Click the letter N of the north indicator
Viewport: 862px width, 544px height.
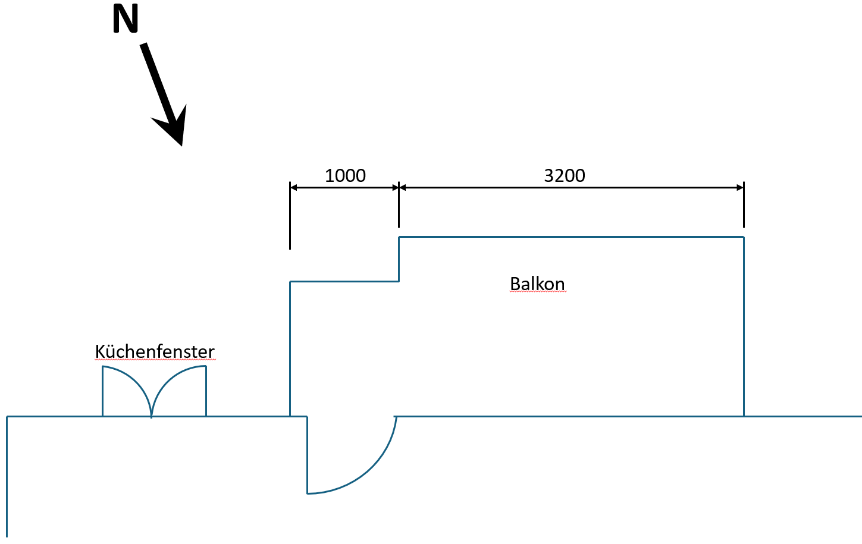[x=126, y=19]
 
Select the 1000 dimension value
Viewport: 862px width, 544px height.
[x=345, y=176]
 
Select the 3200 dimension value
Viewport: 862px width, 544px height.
[x=565, y=176]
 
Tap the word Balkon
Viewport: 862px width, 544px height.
[x=537, y=284]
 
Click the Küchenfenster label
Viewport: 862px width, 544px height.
[x=155, y=352]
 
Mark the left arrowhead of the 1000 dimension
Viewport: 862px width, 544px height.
[x=293, y=187]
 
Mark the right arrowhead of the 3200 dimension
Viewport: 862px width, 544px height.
[x=740, y=187]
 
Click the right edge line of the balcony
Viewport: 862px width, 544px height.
[x=744, y=327]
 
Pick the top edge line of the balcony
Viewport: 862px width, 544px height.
[x=571, y=237]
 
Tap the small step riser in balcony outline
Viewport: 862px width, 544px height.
[x=399, y=259]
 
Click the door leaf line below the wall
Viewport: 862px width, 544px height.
[x=308, y=455]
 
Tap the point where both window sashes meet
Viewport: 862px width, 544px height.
[x=152, y=415]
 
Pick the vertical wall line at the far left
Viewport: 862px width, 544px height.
[x=7, y=476]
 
